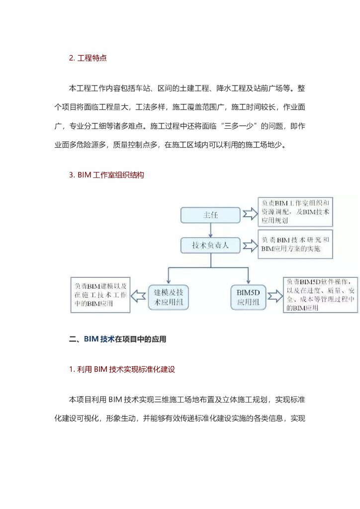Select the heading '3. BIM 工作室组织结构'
point(106,175)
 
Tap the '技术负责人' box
point(210,245)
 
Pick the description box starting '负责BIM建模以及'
point(101,294)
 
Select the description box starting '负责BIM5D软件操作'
point(321,294)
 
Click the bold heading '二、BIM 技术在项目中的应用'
point(118,339)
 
